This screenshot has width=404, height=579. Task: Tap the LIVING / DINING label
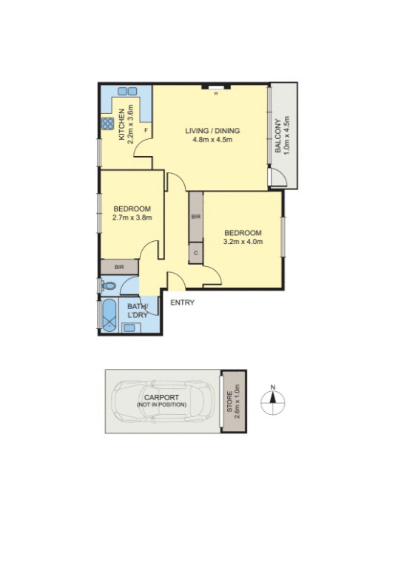pos(212,131)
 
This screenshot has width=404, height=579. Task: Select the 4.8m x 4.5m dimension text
pos(212,140)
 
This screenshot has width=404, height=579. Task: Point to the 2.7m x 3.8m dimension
pos(132,217)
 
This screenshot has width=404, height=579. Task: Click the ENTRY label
pos(183,302)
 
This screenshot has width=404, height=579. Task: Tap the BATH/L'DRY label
pos(138,311)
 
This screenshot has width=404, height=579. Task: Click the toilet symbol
pos(108,285)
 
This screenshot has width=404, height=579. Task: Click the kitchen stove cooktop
pos(108,123)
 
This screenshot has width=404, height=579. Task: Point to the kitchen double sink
pos(127,91)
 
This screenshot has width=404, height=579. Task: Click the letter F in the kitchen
pos(146,131)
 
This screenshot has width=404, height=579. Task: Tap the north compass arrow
pos(273,400)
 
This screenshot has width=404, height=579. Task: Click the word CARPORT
pos(161,397)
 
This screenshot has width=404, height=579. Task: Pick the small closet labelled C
pos(195,253)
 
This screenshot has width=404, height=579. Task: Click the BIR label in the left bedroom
pos(118,267)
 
